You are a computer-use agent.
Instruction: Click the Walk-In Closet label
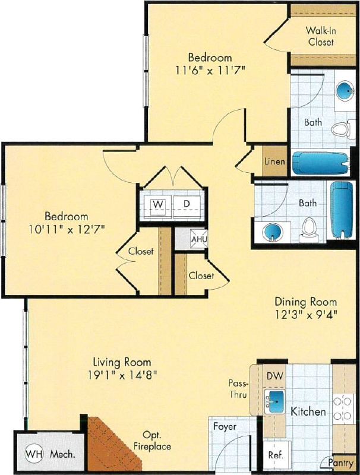click(320, 36)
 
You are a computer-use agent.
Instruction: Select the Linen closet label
click(274, 161)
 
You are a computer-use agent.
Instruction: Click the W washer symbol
click(158, 204)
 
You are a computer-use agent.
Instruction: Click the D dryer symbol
click(187, 204)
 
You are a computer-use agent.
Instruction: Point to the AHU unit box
click(197, 240)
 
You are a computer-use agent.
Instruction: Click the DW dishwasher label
click(274, 375)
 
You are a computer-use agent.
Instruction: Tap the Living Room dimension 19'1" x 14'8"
click(122, 374)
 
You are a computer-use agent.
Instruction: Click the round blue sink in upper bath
click(343, 91)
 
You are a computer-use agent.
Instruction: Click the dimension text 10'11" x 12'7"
click(67, 229)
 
